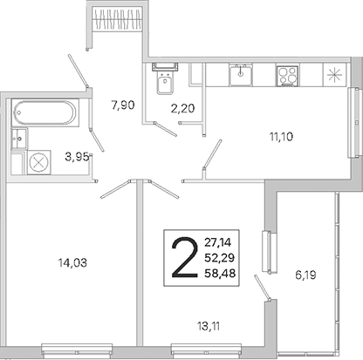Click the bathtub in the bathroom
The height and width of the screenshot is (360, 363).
tap(45, 112)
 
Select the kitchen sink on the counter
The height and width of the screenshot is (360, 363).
tap(240, 75)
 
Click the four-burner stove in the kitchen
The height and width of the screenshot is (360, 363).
tap(287, 76)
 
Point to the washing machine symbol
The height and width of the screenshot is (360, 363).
tap(39, 162)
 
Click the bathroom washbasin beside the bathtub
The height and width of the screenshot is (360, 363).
tap(19, 139)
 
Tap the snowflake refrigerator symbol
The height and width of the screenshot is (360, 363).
tap(335, 75)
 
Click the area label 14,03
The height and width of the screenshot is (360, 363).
tap(72, 263)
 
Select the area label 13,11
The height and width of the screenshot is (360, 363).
tap(209, 327)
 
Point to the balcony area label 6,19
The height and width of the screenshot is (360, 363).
tap(305, 275)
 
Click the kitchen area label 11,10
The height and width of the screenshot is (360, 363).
tap(281, 137)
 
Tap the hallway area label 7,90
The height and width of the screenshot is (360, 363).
tap(123, 105)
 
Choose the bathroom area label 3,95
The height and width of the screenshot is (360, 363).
tap(77, 157)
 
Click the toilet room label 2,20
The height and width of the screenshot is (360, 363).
tap(182, 109)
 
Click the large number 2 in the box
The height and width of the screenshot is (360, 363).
tap(183, 257)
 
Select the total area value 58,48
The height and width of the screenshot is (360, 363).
tap(220, 273)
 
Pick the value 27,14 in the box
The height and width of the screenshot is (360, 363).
tap(218, 242)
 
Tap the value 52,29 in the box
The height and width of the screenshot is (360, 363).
tap(220, 257)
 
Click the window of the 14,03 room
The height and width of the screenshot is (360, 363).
tap(77, 350)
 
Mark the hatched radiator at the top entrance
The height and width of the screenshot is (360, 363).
tap(118, 18)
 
